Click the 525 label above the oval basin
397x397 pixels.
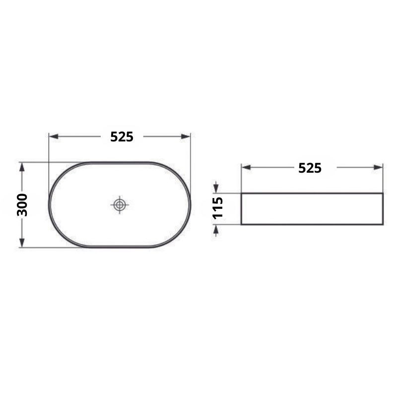(122, 137)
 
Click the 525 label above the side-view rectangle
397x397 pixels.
(310, 168)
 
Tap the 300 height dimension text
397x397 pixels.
(22, 205)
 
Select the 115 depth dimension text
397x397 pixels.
(217, 208)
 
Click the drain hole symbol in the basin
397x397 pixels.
(120, 204)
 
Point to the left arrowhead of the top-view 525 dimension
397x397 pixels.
(54, 137)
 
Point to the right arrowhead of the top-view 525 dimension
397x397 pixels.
(186, 137)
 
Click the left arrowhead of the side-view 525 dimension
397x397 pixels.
(246, 167)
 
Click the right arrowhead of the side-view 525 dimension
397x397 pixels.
(378, 167)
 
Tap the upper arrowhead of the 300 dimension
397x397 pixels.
(22, 167)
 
